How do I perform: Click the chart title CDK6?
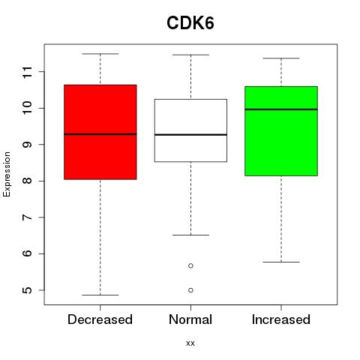tap(190, 23)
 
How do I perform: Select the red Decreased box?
tap(100, 132)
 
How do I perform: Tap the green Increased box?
tap(281, 131)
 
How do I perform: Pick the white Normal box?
tap(190, 130)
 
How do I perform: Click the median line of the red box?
tap(100, 134)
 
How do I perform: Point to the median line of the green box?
tap(281, 109)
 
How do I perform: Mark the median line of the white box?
tap(190, 135)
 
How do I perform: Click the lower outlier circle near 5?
tap(190, 290)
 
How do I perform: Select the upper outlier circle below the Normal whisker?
tap(190, 265)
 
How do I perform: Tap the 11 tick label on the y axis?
tap(28, 72)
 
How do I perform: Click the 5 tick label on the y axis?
tap(28, 290)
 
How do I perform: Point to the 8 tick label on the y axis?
tap(28, 181)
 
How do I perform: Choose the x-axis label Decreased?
tap(100, 319)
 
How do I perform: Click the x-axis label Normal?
tap(190, 319)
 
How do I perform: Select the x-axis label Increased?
tap(281, 319)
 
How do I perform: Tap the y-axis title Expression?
tap(7, 174)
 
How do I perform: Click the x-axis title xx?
tap(190, 343)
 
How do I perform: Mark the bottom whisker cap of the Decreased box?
tap(100, 295)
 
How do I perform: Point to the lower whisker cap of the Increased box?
tap(281, 262)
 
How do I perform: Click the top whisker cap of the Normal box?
tap(190, 55)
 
